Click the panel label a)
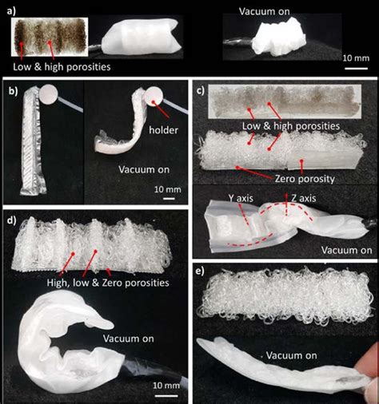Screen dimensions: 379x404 [x=12, y=11]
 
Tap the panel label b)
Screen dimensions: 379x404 [x=14, y=91]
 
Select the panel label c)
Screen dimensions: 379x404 [x=201, y=90]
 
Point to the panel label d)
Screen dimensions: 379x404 [x=12, y=220]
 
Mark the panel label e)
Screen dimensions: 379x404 [x=200, y=271]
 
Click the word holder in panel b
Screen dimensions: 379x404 [x=163, y=130]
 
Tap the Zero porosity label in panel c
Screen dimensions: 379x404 [x=305, y=179]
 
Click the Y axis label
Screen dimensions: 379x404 [x=241, y=198]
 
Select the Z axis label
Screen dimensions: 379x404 [x=304, y=198]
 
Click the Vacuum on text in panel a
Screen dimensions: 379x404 [x=264, y=11]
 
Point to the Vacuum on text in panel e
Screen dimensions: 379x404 [x=291, y=355]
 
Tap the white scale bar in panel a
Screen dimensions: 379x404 [x=357, y=69]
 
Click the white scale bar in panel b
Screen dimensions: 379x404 [x=169, y=198]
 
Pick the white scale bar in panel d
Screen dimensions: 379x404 [x=166, y=396]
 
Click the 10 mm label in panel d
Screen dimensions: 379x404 [x=166, y=386]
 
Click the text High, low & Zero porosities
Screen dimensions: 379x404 [x=108, y=283]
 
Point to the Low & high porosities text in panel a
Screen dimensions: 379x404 [x=62, y=67]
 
